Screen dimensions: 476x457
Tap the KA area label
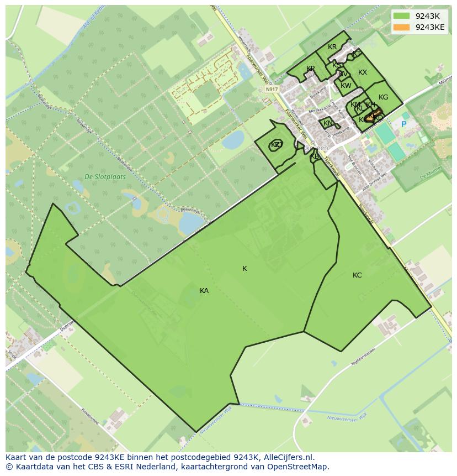204,291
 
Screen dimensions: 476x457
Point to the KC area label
357,275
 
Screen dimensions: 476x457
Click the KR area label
332,47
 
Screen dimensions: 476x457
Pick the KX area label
363,72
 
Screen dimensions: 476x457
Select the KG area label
383,97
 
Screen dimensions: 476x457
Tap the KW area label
346,86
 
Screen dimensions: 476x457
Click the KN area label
328,123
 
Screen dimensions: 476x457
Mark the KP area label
311,69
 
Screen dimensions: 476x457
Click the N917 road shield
271,89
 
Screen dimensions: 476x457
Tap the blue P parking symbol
403,124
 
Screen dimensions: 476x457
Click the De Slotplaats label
105,177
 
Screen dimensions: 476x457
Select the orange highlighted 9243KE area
373,116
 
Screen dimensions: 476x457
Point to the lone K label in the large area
245,269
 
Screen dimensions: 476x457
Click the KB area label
315,156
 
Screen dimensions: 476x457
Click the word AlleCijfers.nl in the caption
288,457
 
